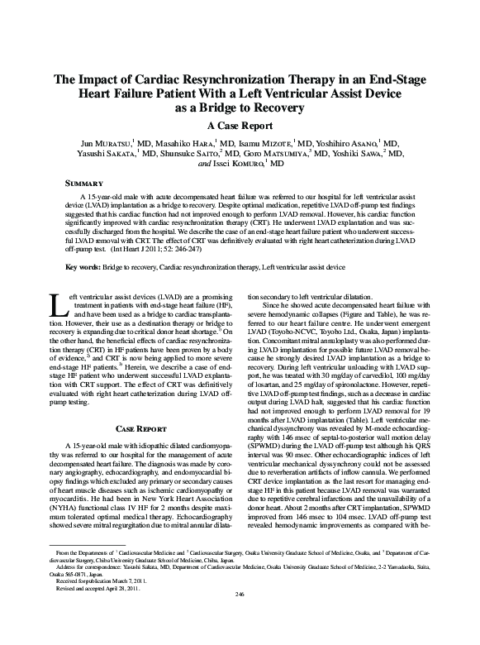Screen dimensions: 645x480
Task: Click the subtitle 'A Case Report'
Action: tap(240, 126)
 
